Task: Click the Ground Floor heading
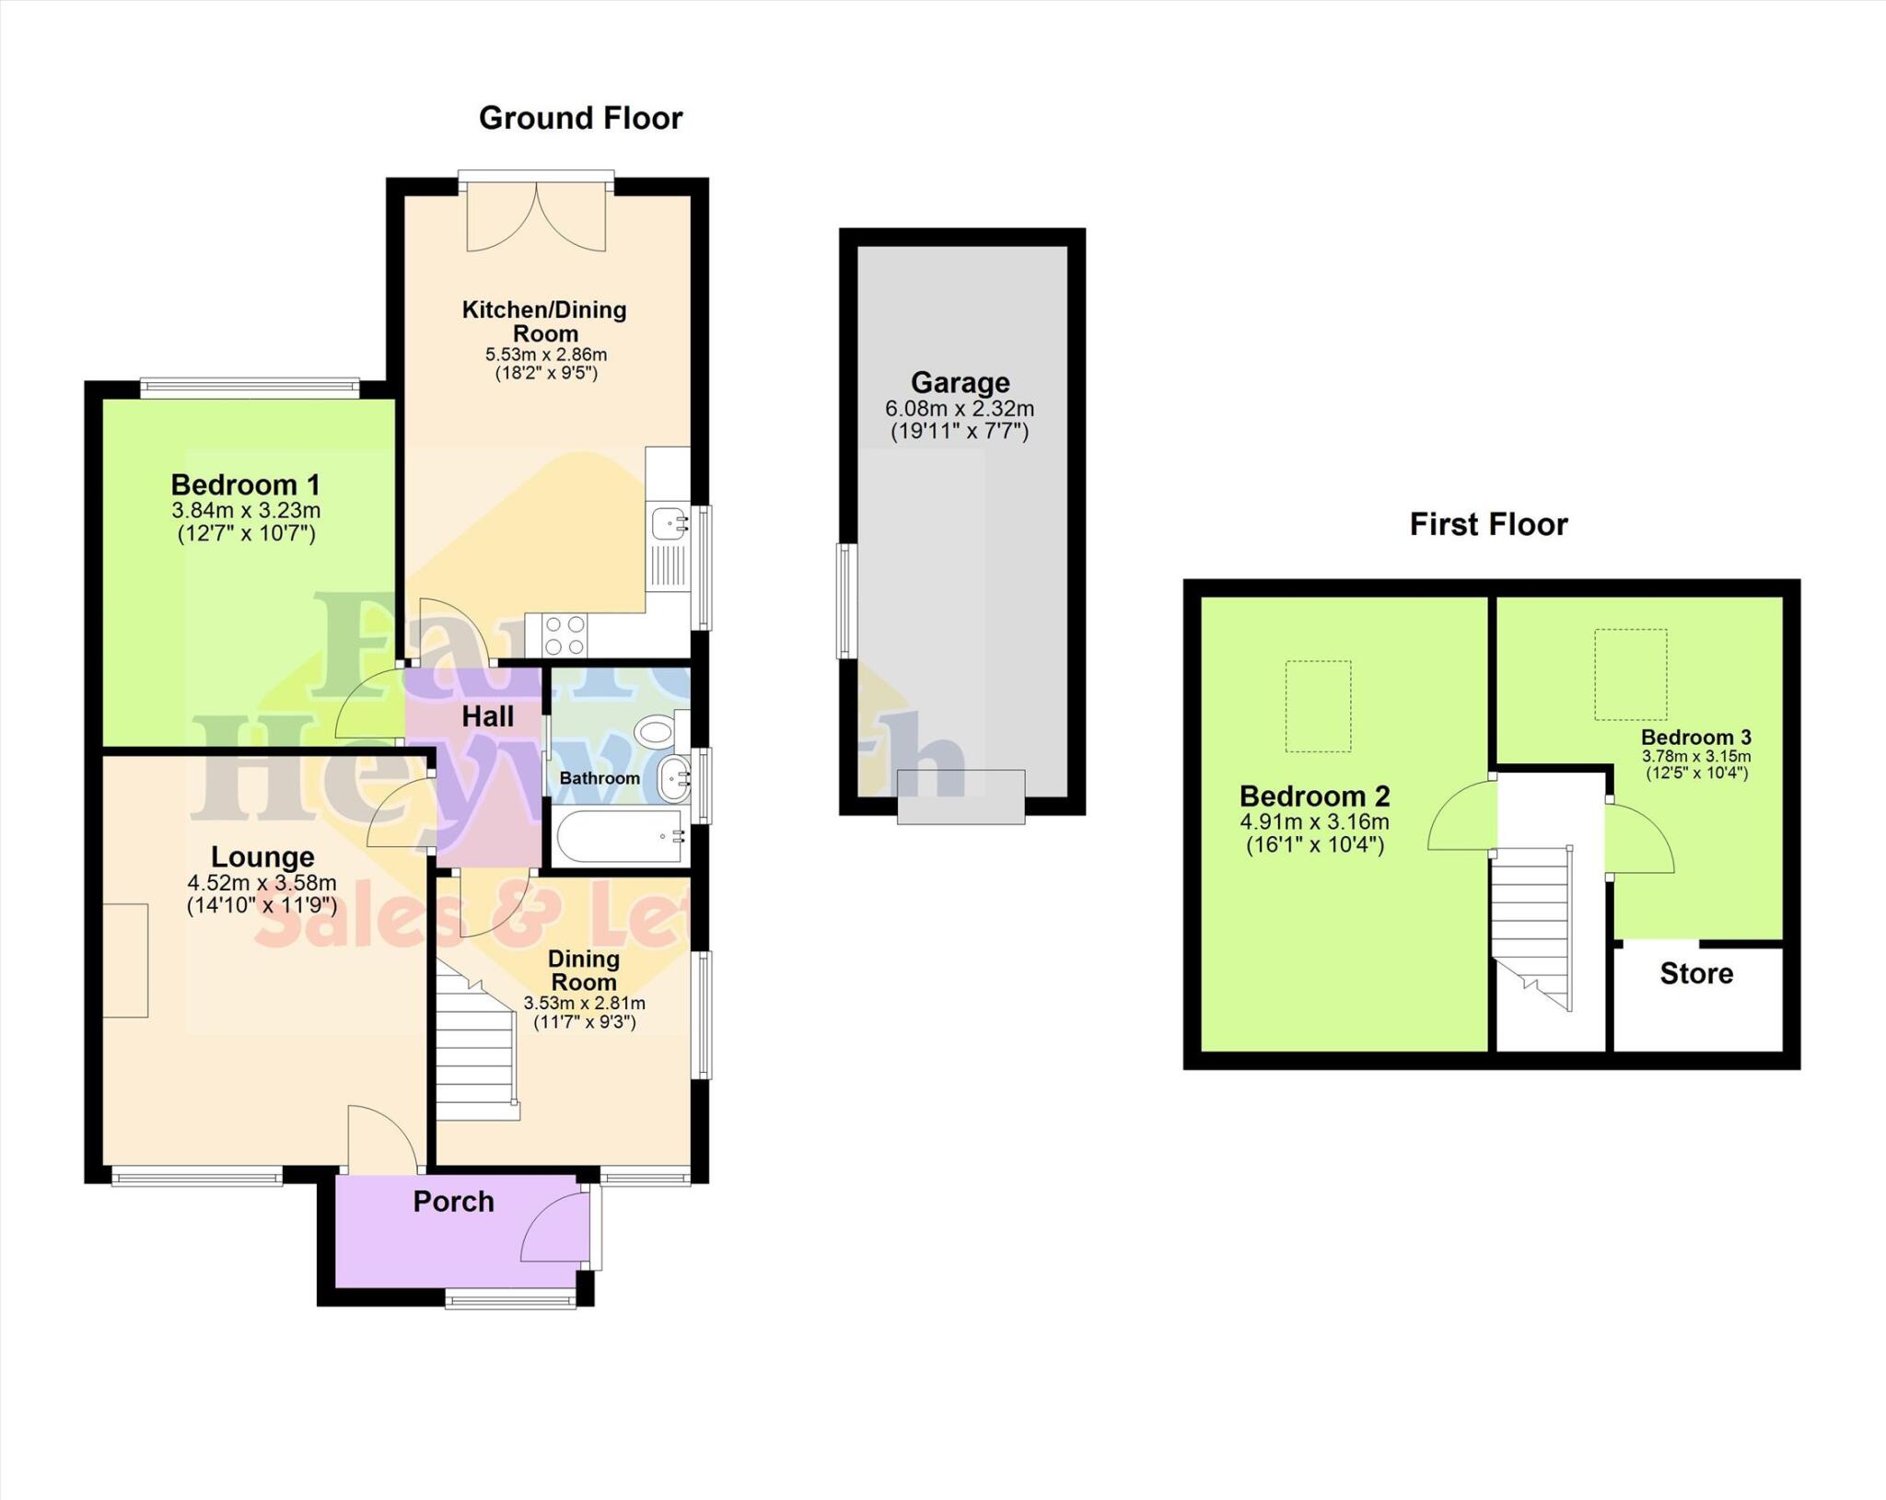coord(580,118)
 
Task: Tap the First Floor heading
coord(1488,524)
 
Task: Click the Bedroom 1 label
coord(246,484)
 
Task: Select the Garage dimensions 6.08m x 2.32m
coord(960,408)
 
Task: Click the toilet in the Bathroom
coord(656,732)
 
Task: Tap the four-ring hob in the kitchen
coord(565,634)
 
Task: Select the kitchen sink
coord(668,524)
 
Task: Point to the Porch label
coord(453,1202)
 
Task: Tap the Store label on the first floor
coord(1696,973)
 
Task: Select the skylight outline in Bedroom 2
coord(1318,706)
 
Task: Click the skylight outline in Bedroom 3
coord(1630,674)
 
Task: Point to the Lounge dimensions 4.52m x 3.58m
coord(262,882)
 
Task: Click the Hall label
coord(487,716)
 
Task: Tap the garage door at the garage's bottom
coord(960,796)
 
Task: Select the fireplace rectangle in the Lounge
coord(125,960)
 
